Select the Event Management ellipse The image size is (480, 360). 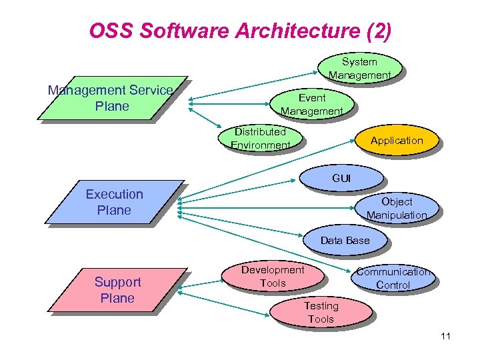(x=311, y=105)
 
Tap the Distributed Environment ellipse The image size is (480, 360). (x=261, y=138)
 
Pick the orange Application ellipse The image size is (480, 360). (x=397, y=141)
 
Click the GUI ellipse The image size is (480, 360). (x=341, y=178)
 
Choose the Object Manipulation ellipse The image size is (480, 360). (x=396, y=208)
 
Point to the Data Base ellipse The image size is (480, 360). (x=345, y=241)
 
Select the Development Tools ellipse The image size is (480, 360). (x=273, y=277)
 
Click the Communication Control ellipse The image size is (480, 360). (x=393, y=278)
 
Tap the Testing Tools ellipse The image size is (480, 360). (x=321, y=312)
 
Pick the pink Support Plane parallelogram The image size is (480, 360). (x=117, y=290)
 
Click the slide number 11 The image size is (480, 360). (x=445, y=336)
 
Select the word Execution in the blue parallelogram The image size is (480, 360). (x=114, y=194)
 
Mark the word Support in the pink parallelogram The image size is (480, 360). (x=117, y=282)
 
